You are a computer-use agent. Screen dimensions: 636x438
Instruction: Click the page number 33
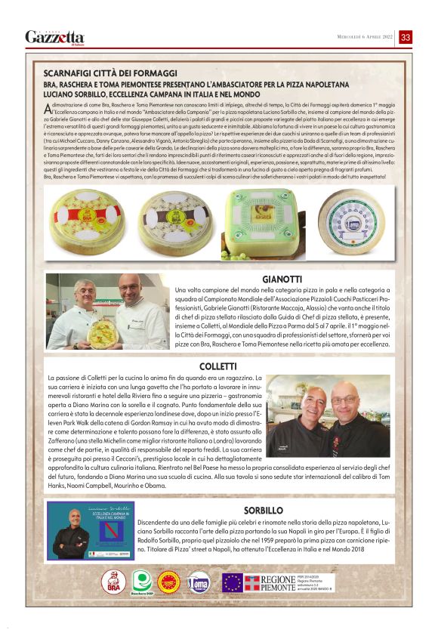(x=406, y=37)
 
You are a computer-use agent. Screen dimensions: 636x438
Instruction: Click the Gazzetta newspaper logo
(x=54, y=37)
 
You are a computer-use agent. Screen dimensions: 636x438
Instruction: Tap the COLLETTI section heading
(x=218, y=367)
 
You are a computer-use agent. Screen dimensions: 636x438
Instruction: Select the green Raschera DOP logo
(x=141, y=582)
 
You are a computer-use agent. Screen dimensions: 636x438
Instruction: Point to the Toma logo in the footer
(x=199, y=581)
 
